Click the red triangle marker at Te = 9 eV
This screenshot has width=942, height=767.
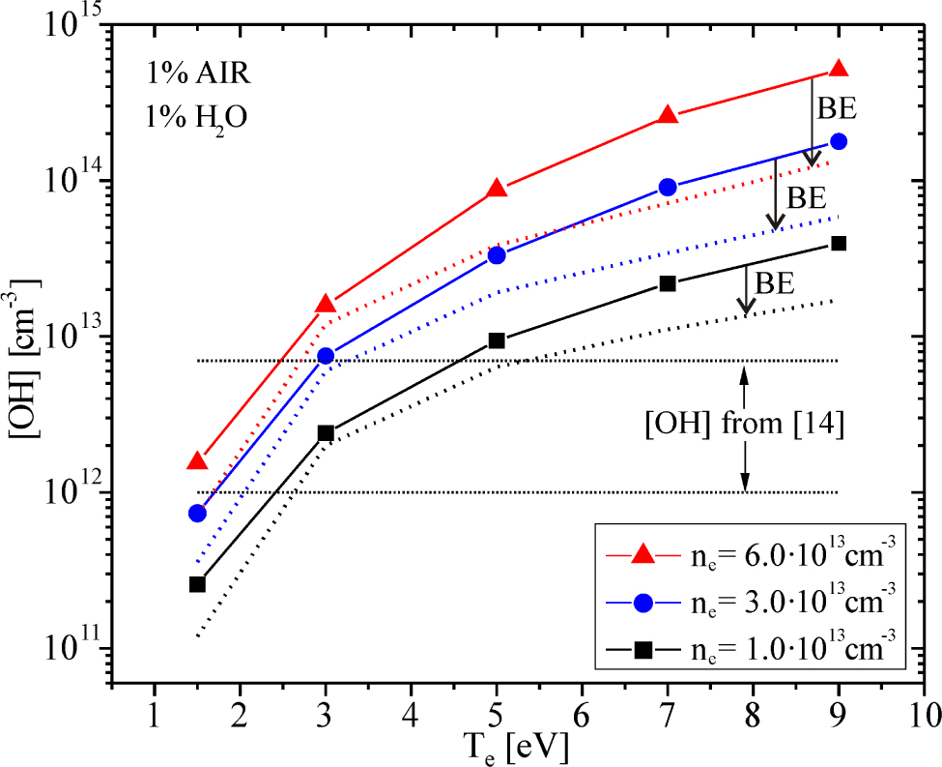(839, 69)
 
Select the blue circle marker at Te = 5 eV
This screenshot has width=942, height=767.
(497, 255)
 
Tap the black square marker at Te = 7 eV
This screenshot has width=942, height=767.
(668, 283)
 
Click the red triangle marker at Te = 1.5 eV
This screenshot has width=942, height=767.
(197, 461)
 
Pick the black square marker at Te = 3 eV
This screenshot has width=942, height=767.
(326, 433)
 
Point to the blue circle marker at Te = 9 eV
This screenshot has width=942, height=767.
(839, 141)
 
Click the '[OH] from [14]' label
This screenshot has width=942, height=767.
(745, 426)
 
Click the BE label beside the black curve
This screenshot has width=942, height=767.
(775, 282)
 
